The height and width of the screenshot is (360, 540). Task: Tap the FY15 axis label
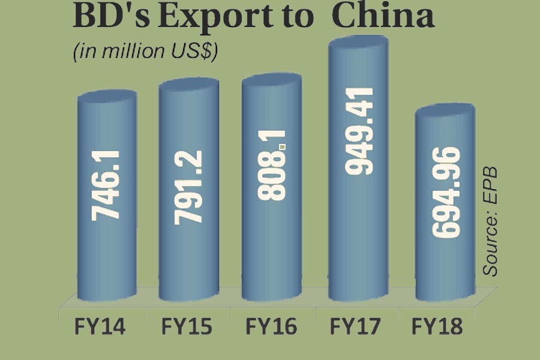[187, 328]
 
